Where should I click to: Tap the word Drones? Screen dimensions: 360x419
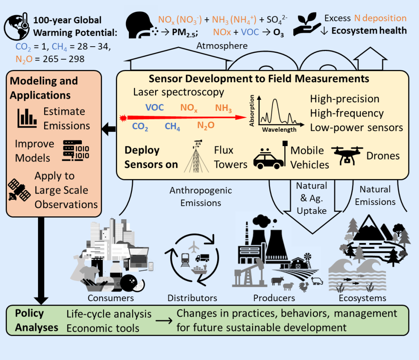[x=383, y=156]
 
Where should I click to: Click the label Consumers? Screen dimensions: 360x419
[x=110, y=297]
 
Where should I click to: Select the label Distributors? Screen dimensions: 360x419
[x=192, y=297]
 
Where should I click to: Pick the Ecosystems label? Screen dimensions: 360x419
[x=363, y=297]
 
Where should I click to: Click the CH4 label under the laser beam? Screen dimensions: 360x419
[x=173, y=126]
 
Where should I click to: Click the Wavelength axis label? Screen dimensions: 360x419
[x=279, y=130]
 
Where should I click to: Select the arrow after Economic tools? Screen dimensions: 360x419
[x=164, y=321]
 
